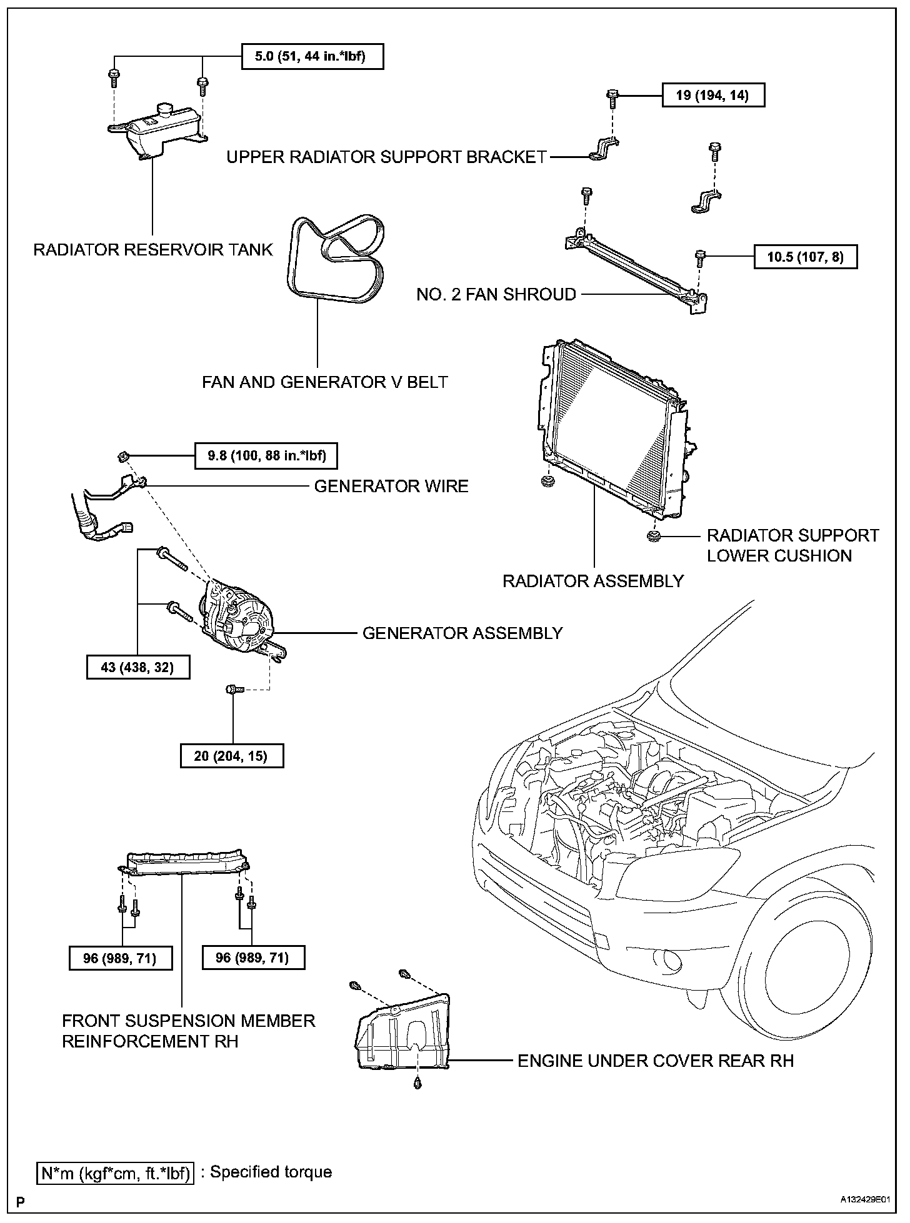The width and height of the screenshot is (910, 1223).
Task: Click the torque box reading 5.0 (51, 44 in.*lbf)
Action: coord(312,57)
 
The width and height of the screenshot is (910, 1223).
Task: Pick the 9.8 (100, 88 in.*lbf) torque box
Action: coord(267,456)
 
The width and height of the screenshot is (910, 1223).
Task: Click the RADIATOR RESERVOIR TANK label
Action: coord(153,250)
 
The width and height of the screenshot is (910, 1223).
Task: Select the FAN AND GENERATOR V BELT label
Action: coord(325,382)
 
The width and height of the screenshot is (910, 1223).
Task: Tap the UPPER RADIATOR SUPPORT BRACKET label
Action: coord(386,157)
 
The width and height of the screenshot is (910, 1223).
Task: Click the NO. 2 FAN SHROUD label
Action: coord(496,294)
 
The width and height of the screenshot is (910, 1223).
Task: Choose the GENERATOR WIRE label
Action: coord(391,486)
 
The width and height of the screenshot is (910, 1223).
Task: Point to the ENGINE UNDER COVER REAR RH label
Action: coord(656,1061)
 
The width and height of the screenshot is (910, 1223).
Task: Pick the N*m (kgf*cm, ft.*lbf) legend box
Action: coord(115,1173)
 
